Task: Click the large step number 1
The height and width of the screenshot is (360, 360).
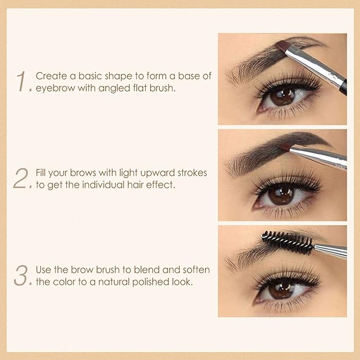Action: (x=22, y=82)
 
